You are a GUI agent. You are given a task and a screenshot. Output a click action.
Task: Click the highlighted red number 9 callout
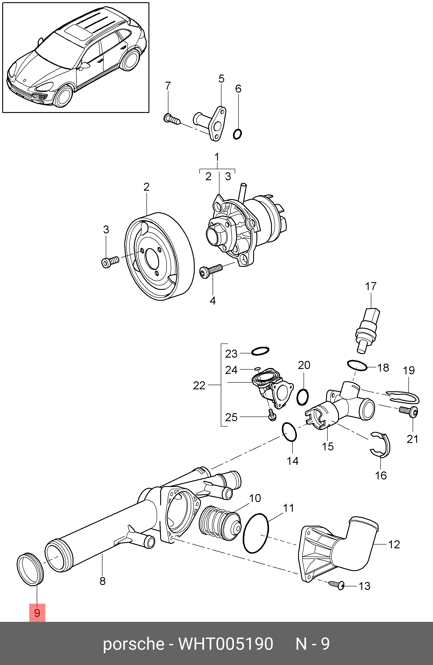pyautogui.click(x=37, y=613)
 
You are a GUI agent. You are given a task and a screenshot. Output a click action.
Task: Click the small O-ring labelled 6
pyautogui.click(x=237, y=134)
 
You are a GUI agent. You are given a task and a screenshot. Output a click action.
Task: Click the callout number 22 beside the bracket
pyautogui.click(x=199, y=386)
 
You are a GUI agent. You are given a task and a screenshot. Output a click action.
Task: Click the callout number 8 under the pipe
pyautogui.click(x=102, y=581)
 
